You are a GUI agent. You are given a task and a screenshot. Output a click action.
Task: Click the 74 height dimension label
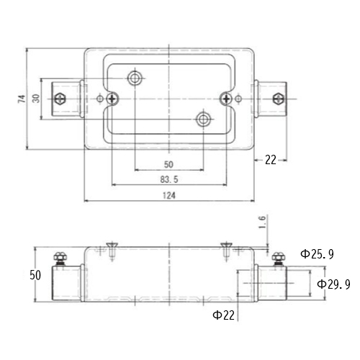tap(22, 99)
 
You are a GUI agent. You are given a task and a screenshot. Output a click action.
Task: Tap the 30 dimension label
tap(36, 99)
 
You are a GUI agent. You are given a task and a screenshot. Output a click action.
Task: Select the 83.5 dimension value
tap(169, 179)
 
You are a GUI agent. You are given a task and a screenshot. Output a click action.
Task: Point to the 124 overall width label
tap(169, 196)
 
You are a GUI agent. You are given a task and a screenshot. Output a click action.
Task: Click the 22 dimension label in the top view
tap(271, 160)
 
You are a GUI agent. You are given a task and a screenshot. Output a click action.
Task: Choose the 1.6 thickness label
tap(263, 222)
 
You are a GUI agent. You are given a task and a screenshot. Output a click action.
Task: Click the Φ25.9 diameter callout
tap(317, 254)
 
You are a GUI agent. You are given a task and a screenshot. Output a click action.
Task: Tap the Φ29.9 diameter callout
tap(333, 284)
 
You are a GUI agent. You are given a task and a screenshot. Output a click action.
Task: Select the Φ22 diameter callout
tap(223, 315)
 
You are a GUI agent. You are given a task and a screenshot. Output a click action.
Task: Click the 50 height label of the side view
tap(35, 275)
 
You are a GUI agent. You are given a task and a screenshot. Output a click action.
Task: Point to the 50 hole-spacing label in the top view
tap(168, 164)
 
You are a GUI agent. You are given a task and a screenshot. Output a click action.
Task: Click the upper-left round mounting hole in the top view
tap(135, 78)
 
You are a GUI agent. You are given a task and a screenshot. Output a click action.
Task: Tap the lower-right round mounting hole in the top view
tap(203, 119)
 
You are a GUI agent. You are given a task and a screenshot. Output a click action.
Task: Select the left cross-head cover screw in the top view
tap(112, 99)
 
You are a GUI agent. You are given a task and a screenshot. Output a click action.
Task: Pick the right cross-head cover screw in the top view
tap(226, 99)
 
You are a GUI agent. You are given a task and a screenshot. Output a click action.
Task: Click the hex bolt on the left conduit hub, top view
tap(60, 99)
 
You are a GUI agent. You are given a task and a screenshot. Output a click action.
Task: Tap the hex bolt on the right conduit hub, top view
tap(279, 99)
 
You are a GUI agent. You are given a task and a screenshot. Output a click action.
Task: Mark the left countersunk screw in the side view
tap(112, 251)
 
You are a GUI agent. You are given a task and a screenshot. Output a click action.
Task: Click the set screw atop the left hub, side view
tap(60, 258)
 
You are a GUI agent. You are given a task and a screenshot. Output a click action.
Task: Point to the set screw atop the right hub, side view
tap(279, 258)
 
